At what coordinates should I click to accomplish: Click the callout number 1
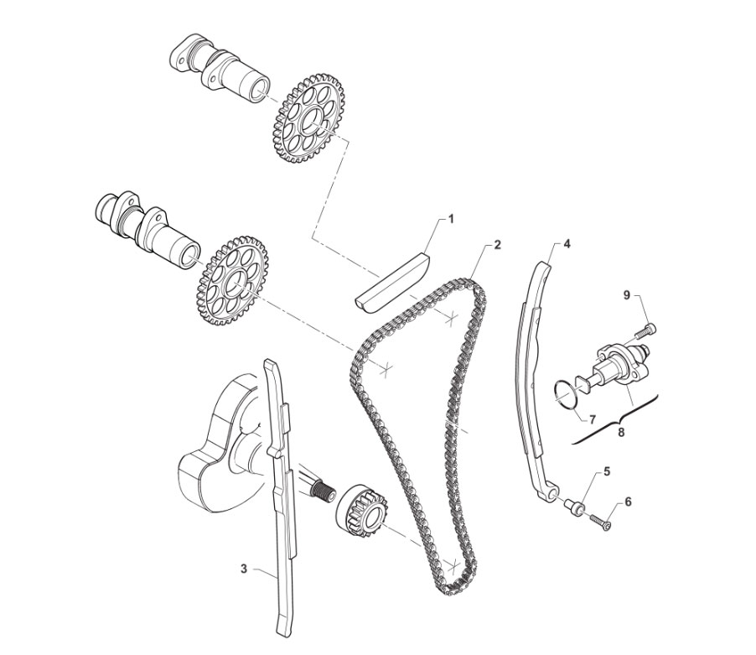pyautogui.click(x=451, y=220)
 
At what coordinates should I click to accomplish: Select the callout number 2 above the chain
pyautogui.click(x=498, y=245)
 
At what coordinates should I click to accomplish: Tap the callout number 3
pyautogui.click(x=244, y=569)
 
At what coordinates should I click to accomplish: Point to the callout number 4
pyautogui.click(x=567, y=245)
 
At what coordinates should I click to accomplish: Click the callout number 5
pyautogui.click(x=607, y=471)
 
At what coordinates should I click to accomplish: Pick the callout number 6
pyautogui.click(x=628, y=502)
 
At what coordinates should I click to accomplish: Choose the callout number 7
pyautogui.click(x=593, y=418)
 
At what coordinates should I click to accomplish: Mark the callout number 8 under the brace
pyautogui.click(x=621, y=432)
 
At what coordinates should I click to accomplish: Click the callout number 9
pyautogui.click(x=627, y=295)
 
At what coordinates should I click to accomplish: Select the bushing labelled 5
pyautogui.click(x=575, y=507)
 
